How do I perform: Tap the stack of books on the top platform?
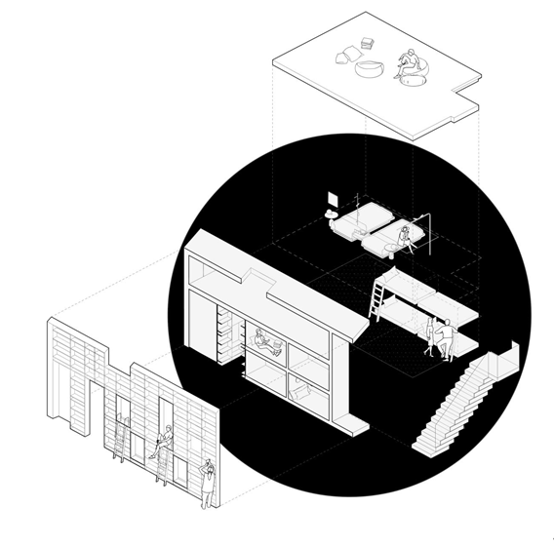(368, 43)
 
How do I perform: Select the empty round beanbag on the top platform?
(371, 69)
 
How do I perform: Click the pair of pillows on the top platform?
(345, 57)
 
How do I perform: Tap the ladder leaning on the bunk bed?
(378, 297)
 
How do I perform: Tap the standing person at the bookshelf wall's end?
(206, 483)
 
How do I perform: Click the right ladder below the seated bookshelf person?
(162, 468)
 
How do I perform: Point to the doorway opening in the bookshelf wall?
(98, 405)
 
